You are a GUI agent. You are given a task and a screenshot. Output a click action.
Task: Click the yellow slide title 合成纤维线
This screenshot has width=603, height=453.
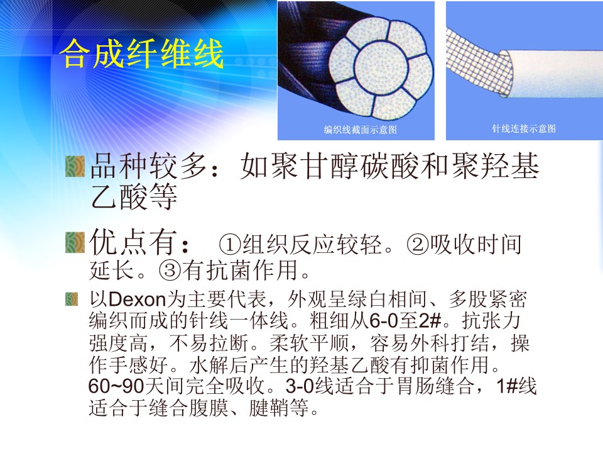coord(142,53)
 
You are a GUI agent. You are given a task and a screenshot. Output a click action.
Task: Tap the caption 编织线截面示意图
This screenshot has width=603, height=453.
coord(360,130)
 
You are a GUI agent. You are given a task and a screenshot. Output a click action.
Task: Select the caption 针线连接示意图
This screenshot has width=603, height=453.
coord(524,128)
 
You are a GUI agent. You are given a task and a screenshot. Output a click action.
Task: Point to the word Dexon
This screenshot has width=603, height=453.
coord(137,299)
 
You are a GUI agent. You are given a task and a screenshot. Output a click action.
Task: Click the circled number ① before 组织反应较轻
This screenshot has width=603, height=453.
coord(230,245)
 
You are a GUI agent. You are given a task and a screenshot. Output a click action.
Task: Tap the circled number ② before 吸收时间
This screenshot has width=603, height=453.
coord(417,245)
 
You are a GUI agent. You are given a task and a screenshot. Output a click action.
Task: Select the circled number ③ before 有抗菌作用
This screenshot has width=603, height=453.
coord(170,271)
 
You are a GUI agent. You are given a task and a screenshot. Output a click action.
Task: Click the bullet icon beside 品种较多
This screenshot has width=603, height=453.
coord(75,166)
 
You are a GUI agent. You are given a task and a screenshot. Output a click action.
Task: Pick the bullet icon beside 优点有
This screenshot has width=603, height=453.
coord(75,243)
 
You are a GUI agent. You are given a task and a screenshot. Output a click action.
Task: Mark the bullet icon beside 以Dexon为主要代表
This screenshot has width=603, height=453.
coord(72,299)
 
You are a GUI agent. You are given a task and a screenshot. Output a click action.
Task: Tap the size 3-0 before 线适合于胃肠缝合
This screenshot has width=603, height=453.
coord(300,386)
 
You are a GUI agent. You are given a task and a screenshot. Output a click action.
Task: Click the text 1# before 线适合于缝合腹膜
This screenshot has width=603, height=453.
coord(506,386)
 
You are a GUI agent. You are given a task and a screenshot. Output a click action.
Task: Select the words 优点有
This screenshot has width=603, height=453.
coord(133,243)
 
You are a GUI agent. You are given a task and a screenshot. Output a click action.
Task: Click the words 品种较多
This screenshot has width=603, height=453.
coord(148,166)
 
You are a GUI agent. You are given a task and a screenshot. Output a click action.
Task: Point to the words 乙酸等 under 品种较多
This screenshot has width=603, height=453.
coord(133,196)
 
